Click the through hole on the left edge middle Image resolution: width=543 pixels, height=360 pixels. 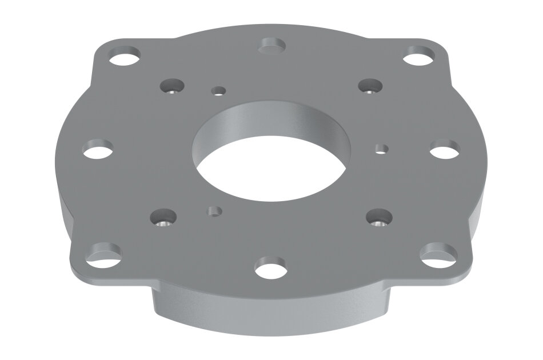(x=97, y=150)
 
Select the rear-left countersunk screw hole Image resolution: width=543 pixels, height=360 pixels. (x=170, y=87)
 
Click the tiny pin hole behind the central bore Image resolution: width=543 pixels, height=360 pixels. (x=218, y=90)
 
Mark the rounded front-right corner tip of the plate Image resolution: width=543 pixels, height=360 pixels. (x=466, y=267)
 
